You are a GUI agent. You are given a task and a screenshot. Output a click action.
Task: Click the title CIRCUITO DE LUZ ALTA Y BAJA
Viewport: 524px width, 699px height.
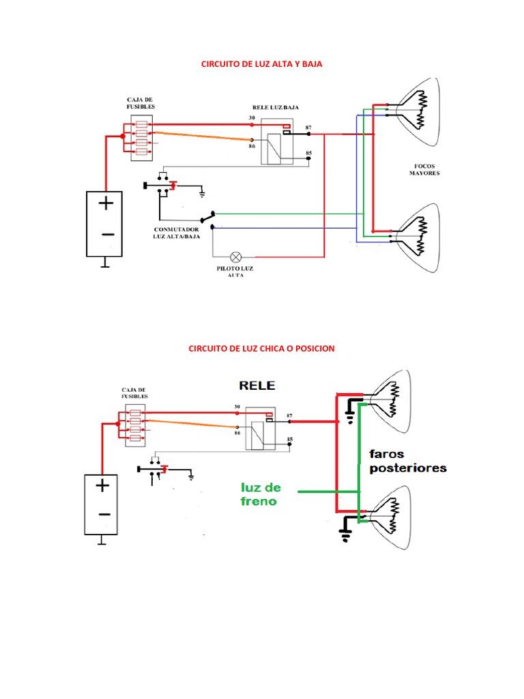261,63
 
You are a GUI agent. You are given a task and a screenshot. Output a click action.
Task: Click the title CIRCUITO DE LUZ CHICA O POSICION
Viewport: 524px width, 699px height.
261,348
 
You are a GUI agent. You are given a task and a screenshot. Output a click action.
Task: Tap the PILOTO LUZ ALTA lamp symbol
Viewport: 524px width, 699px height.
236,257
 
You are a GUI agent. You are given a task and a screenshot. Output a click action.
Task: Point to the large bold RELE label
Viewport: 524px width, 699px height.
257,385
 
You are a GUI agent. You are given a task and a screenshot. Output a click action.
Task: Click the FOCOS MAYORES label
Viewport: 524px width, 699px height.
424,169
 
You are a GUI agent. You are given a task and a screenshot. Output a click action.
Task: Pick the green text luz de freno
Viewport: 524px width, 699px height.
261,494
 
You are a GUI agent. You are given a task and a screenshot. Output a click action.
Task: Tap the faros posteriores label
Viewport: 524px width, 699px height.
408,461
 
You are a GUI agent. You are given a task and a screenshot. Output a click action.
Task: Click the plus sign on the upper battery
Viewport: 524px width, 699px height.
106,203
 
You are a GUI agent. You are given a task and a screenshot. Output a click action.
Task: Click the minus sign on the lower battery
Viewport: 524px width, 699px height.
102,514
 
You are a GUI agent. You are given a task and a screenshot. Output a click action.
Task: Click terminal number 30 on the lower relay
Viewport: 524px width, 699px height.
237,407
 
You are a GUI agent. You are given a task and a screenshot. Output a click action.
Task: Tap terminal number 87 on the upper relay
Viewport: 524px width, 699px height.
308,128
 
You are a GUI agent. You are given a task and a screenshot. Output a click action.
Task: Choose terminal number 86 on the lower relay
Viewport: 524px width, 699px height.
237,433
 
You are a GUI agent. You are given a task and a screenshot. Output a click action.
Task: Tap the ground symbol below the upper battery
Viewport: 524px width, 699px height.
104,262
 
